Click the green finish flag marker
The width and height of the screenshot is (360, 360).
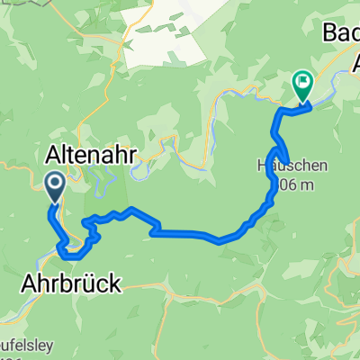click(301, 84)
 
